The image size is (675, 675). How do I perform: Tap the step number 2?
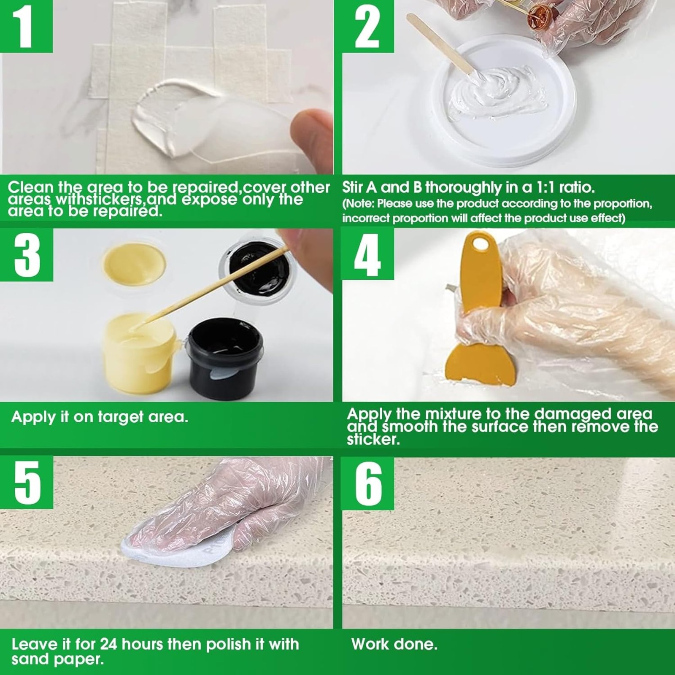(367, 26)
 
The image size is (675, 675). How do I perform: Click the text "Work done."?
(394, 644)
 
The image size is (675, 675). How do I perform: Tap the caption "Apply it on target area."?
(100, 417)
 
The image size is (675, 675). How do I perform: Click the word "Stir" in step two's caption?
(354, 187)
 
